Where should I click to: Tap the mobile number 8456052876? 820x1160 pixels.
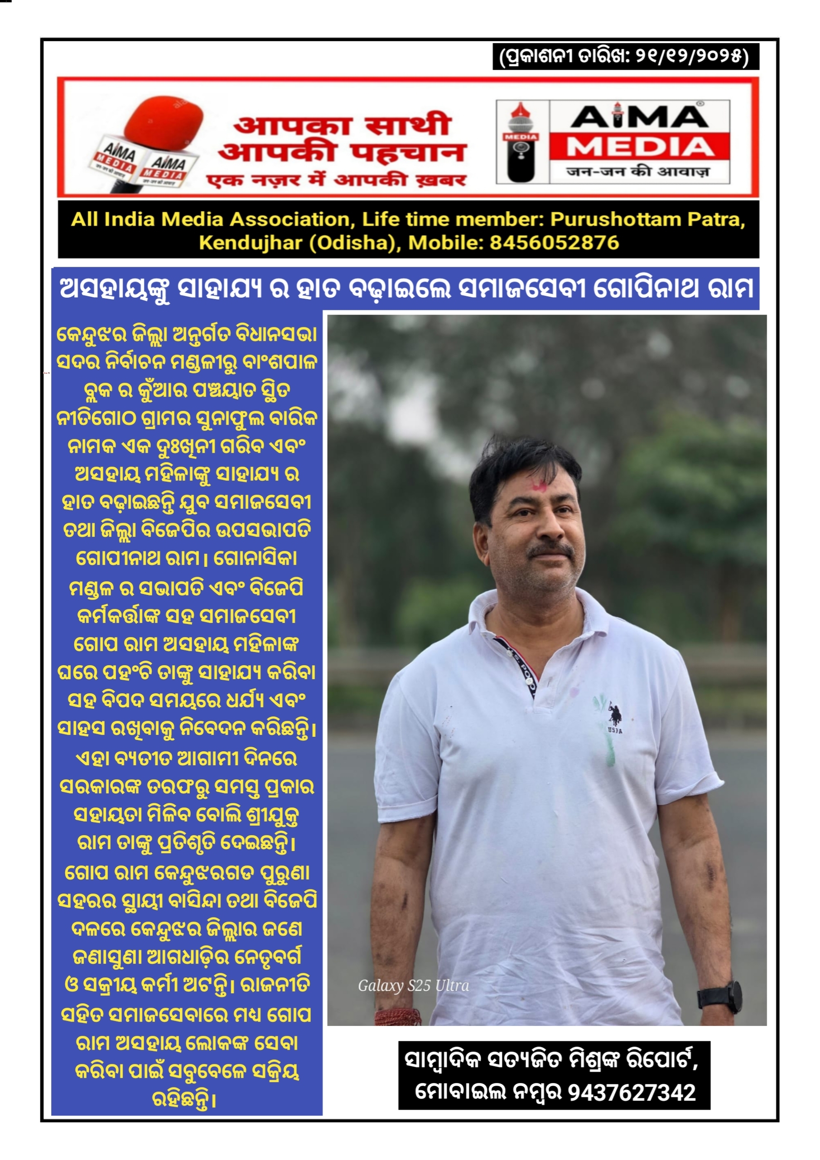[554, 243]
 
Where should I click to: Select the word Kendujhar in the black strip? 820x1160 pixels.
[250, 243]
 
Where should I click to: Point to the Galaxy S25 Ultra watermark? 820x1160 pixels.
[413, 985]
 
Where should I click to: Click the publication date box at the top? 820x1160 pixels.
[626, 56]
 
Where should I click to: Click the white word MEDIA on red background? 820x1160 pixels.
[640, 148]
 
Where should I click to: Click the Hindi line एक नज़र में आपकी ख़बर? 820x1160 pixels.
[337, 180]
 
